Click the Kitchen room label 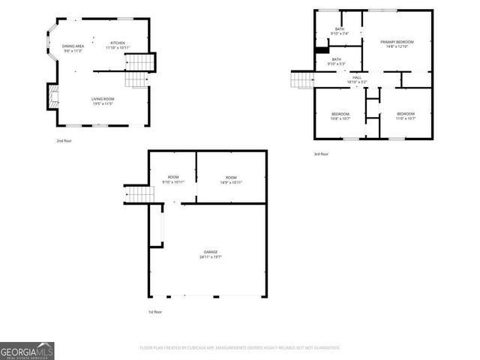coord(118,45)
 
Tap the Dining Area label coord(72,48)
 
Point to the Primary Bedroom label coord(397,44)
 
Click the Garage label coord(211,254)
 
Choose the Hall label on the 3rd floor coord(357,79)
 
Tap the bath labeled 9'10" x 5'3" coord(337,61)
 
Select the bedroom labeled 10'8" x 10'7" coord(341,115)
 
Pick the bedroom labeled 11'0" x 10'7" coord(406,115)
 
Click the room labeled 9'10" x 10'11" coord(173,180)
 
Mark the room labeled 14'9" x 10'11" coord(231,180)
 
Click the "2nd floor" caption coord(65,140)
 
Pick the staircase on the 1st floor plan coord(138,195)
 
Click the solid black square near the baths coord(322,51)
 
